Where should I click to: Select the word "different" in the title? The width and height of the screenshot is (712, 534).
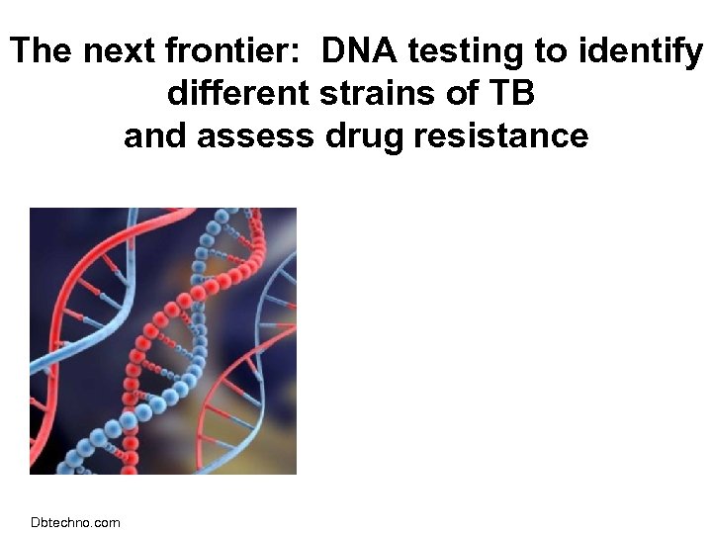(238, 94)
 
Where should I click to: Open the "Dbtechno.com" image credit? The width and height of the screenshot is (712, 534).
(75, 522)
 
